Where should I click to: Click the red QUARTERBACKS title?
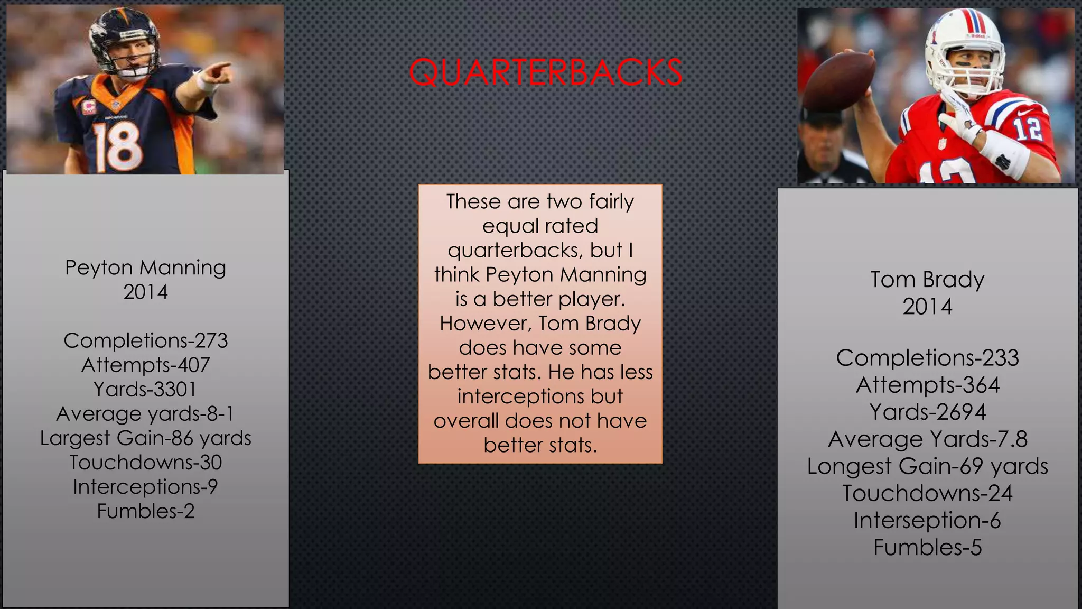pos(545,72)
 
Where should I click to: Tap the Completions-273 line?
pos(145,341)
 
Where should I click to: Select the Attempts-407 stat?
pos(145,365)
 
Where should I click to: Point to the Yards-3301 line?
pos(145,390)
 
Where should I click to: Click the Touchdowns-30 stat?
pos(145,463)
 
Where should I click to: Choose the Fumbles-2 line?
pos(145,511)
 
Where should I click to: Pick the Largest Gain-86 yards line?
pos(145,438)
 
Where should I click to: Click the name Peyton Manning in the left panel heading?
pos(145,267)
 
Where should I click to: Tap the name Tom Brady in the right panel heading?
pos(927,279)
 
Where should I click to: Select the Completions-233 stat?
pos(927,358)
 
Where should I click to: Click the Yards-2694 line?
pos(927,412)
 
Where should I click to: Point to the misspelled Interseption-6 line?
pos(927,521)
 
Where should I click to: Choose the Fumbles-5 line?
pos(927,548)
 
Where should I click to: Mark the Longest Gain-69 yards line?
pos(927,466)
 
